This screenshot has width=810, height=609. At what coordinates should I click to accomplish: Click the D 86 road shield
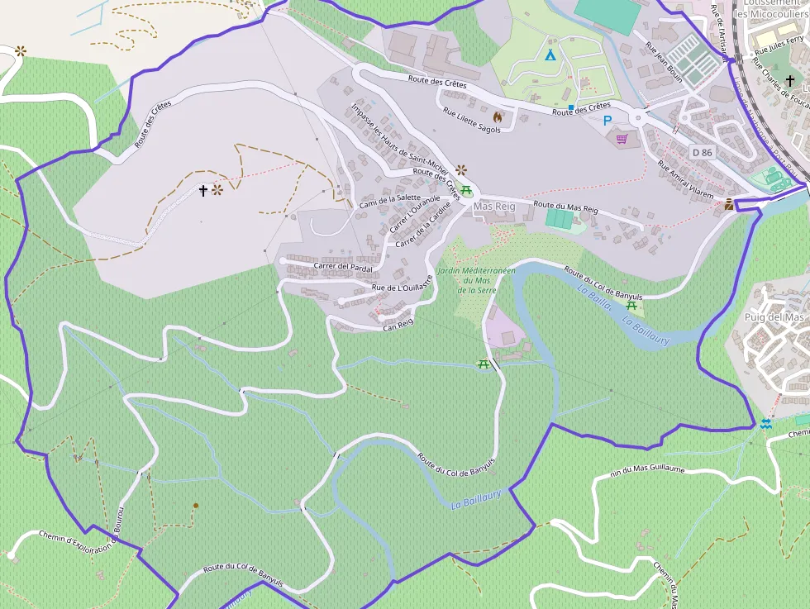[702, 152]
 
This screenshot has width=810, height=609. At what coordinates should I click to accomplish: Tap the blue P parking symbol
[607, 121]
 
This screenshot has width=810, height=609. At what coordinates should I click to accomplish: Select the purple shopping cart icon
[622, 139]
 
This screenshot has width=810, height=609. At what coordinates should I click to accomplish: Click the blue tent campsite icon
[550, 55]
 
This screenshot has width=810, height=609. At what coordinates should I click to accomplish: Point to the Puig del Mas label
[774, 317]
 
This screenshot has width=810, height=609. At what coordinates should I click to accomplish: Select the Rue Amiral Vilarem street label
[684, 177]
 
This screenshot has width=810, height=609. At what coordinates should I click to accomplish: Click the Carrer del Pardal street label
[343, 268]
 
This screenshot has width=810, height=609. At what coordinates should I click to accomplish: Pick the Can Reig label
[398, 327]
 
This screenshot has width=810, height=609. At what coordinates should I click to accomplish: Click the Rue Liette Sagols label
[472, 121]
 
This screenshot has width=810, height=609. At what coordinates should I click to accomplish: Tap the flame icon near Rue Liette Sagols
[498, 117]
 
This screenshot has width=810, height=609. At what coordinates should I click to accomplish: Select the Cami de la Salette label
[390, 202]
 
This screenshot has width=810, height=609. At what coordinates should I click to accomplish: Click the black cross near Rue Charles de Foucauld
[791, 81]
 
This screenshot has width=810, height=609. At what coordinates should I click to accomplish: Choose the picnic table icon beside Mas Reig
[466, 190]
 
